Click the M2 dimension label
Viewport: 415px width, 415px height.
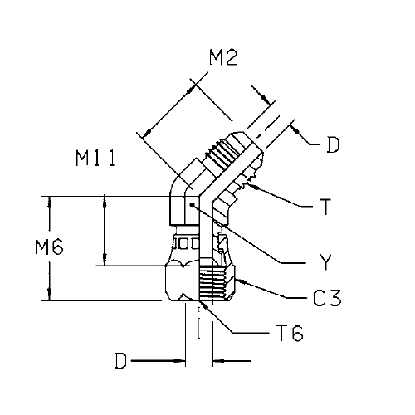pos(223,58)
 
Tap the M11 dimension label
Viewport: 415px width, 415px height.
pos(95,159)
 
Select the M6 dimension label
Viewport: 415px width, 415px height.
pos(49,247)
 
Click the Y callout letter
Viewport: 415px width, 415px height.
pos(325,262)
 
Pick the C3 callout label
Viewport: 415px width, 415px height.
pos(327,298)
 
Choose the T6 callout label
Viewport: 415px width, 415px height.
pos(290,334)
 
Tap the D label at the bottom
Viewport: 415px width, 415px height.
pos(120,361)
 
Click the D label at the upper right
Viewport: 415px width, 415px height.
pos(333,145)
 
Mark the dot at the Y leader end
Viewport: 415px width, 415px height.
pos(192,205)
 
